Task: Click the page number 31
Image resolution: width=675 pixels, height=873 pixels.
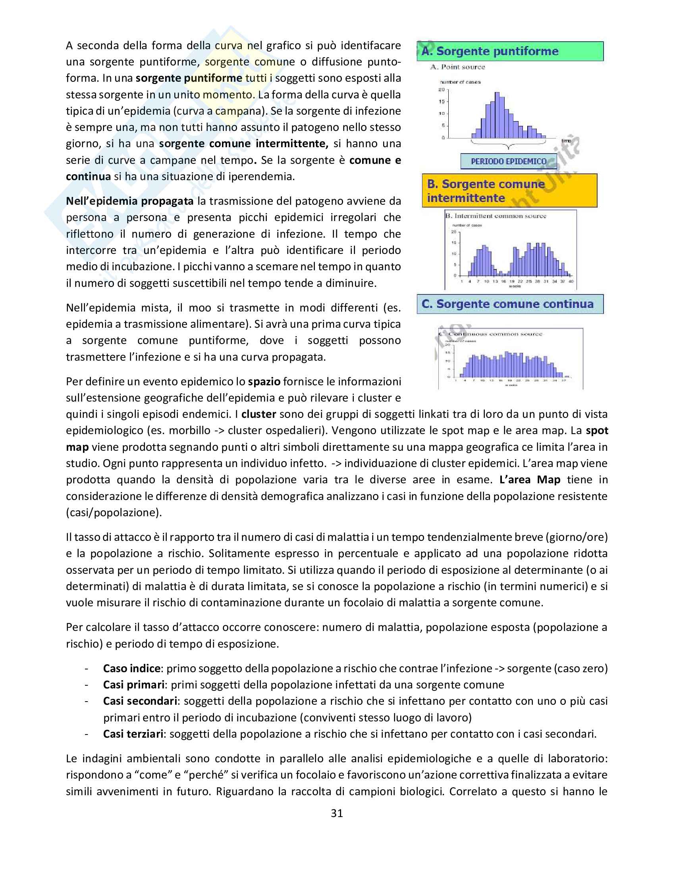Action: [337, 813]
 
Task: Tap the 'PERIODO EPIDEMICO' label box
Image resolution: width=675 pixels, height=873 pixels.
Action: [508, 162]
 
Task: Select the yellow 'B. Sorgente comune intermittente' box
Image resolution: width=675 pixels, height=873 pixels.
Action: [509, 190]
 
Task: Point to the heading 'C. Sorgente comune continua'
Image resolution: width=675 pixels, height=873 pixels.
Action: [510, 304]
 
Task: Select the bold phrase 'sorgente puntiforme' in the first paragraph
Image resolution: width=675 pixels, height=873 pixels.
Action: [189, 78]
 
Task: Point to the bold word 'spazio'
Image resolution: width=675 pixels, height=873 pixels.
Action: [264, 381]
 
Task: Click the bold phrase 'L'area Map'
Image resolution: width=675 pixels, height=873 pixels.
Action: [529, 480]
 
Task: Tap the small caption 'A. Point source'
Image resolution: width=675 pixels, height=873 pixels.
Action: [457, 67]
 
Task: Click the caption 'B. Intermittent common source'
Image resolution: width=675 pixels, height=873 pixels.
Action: [496, 216]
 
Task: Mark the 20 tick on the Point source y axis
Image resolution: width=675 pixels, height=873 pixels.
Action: [442, 90]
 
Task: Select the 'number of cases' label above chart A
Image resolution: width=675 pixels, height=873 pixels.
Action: [460, 82]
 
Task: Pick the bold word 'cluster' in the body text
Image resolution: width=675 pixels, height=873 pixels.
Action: [258, 414]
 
